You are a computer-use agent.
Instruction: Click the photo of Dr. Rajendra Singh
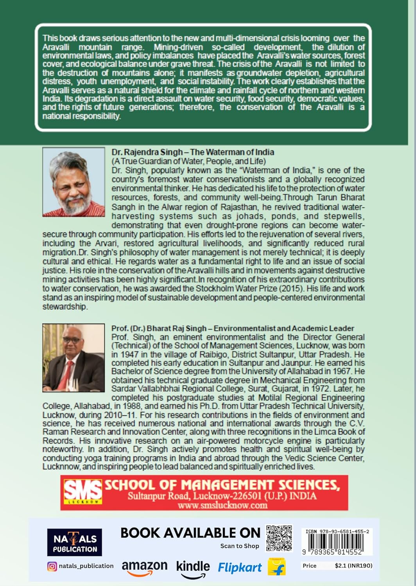coord(74,182)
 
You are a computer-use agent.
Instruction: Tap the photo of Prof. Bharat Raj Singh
coord(74,357)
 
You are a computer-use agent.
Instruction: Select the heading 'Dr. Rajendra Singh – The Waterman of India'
coord(193,152)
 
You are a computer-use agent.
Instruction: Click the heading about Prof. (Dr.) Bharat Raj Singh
coord(233,328)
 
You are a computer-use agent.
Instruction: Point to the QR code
coord(279,538)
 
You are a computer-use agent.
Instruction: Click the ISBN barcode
coord(337,542)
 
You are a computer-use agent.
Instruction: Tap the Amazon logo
coord(144,568)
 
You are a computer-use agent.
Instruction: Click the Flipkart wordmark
coord(240,568)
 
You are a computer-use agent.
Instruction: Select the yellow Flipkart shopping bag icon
coord(277,566)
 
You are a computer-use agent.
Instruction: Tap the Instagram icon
coord(52,566)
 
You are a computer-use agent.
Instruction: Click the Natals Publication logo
coord(74,542)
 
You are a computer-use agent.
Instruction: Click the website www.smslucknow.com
coord(222,505)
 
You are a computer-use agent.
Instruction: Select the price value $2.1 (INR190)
coord(353,565)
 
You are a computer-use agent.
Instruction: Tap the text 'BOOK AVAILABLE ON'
coord(190,533)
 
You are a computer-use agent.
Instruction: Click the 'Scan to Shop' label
coord(240,546)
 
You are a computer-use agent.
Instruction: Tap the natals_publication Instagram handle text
coord(86,566)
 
